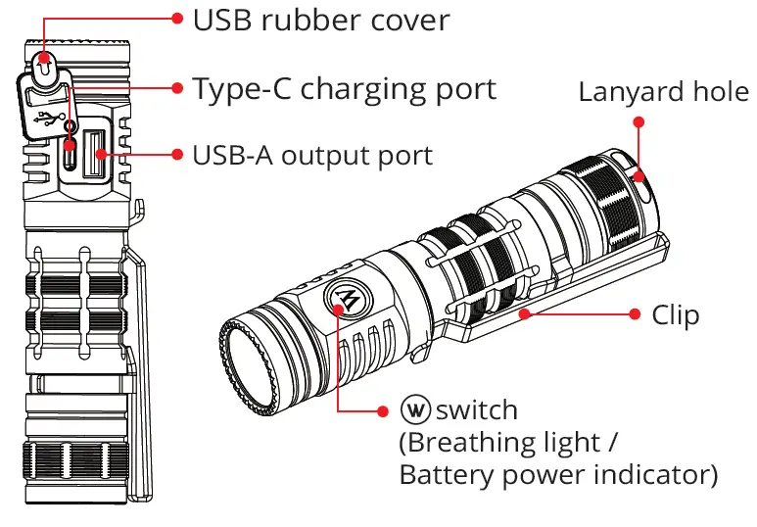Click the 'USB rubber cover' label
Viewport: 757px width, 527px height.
321,19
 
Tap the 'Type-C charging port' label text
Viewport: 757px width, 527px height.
345,88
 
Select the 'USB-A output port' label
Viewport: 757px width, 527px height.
312,155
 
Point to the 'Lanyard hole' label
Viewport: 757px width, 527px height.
663,93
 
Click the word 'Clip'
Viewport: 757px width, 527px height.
676,314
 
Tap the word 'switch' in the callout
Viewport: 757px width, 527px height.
477,408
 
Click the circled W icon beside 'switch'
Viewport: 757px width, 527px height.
416,409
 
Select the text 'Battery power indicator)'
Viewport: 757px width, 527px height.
558,475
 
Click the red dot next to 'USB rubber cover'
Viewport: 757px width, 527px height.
177,18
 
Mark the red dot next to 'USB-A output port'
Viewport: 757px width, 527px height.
177,154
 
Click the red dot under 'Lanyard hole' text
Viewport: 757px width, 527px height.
639,122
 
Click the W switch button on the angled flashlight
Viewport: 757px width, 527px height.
342,300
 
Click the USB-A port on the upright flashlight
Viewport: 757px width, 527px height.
96,154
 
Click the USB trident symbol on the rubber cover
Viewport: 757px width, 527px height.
49,119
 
